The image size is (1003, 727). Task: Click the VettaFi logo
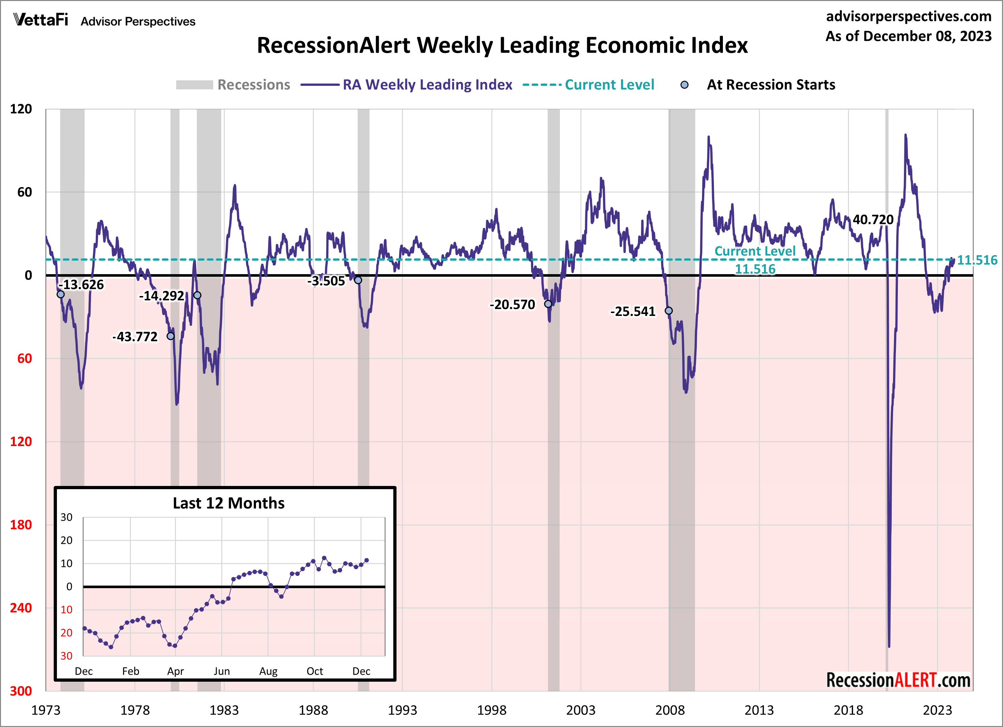[41, 20]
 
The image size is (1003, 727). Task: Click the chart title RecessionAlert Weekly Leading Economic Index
[502, 46]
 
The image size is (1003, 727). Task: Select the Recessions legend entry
[233, 85]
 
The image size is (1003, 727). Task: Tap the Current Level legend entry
[588, 85]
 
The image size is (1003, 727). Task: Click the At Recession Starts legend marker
[684, 85]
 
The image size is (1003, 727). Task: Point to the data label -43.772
[135, 337]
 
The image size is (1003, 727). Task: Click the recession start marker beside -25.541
[669, 311]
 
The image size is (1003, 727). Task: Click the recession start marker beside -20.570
[548, 304]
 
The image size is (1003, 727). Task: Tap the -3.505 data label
[326, 281]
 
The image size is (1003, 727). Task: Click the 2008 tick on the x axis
[670, 710]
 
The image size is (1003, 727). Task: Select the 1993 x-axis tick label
[402, 710]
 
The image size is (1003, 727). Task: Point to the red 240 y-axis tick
[21, 608]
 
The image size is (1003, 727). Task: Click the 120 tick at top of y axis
[21, 109]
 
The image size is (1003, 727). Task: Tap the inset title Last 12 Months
[228, 503]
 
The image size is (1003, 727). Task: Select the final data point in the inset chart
[366, 561]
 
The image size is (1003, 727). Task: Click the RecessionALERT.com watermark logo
[898, 680]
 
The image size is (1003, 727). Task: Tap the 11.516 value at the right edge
[977, 260]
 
